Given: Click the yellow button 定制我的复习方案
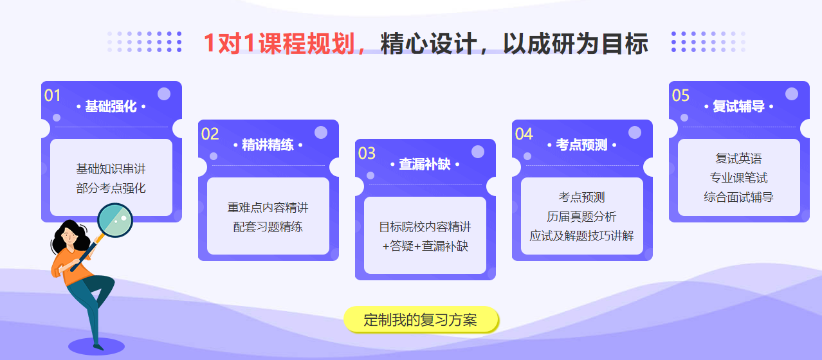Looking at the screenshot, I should tap(421, 320).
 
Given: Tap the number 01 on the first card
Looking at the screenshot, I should tap(52, 96).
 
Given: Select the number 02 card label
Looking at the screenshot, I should tap(210, 134).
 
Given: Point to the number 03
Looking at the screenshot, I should tap(367, 154).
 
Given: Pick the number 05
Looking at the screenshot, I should tap(680, 96).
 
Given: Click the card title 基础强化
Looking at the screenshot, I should tap(111, 107).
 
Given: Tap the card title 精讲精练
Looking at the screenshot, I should tap(268, 145).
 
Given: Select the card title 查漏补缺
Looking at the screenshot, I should tap(425, 165).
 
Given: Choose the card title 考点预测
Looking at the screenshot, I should tap(581, 145).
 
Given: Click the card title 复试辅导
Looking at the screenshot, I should tap(738, 107).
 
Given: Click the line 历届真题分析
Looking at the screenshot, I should tap(581, 217).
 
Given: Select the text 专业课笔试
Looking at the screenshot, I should tap(738, 178).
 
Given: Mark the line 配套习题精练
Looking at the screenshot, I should tap(268, 226).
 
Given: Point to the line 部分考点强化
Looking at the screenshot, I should tap(111, 188).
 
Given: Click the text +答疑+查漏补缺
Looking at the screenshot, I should tap(425, 246).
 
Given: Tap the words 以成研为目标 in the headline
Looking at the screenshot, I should tap(575, 44).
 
